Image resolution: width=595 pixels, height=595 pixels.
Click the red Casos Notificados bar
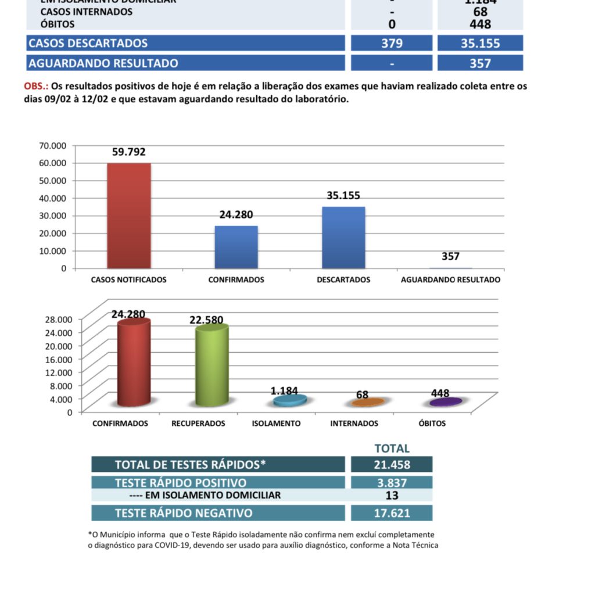click(x=129, y=216)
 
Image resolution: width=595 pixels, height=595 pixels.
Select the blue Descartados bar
click(x=344, y=238)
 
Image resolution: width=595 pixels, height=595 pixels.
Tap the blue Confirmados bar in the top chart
click(x=236, y=247)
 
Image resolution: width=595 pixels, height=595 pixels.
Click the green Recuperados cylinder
click(x=212, y=366)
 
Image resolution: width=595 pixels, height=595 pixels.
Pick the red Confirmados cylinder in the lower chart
click(x=133, y=363)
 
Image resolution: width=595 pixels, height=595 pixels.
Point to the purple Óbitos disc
click(x=446, y=402)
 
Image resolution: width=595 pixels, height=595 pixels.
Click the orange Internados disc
click(x=368, y=402)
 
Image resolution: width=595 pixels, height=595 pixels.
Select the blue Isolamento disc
click(x=290, y=400)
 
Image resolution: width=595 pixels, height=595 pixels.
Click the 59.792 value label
click(x=129, y=153)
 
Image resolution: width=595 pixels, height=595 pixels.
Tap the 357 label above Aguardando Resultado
click(x=450, y=256)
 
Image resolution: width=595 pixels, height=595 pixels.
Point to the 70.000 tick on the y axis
click(x=53, y=145)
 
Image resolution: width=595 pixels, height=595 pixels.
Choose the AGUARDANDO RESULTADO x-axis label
click(x=450, y=279)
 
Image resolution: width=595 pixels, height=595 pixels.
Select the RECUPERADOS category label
click(x=198, y=424)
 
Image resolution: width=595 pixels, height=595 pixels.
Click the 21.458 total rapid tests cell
click(x=392, y=465)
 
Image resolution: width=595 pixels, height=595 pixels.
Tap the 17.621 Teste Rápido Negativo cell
click(x=392, y=513)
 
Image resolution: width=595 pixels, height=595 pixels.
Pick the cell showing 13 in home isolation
click(x=392, y=495)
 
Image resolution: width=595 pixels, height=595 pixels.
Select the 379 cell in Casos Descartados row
click(x=392, y=43)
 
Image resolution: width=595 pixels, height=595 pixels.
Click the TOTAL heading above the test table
click(x=392, y=449)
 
